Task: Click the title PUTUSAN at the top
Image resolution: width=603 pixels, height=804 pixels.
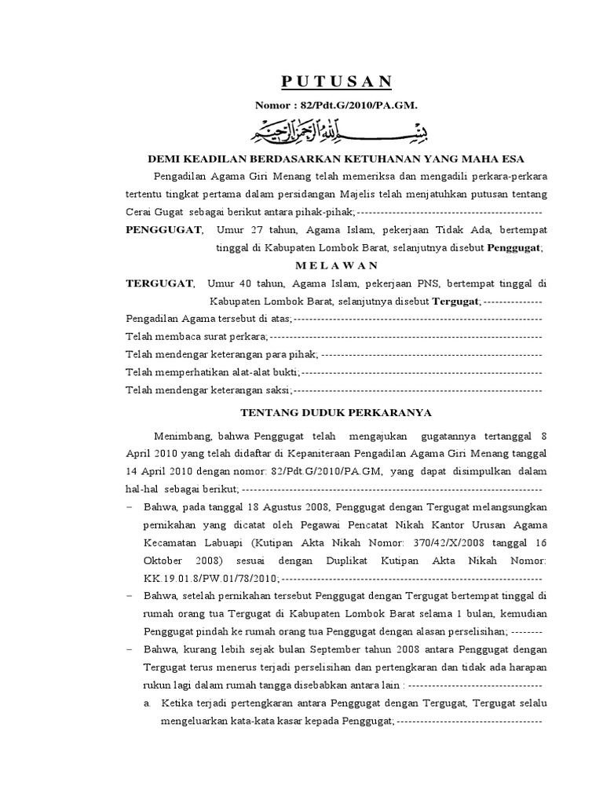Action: [337, 82]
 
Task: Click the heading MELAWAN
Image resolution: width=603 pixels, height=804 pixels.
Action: [335, 265]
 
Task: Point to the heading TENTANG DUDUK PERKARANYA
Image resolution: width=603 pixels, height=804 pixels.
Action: [335, 411]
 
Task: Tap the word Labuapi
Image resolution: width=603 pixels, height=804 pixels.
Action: [226, 543]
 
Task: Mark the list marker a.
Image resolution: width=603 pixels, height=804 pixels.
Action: [148, 703]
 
